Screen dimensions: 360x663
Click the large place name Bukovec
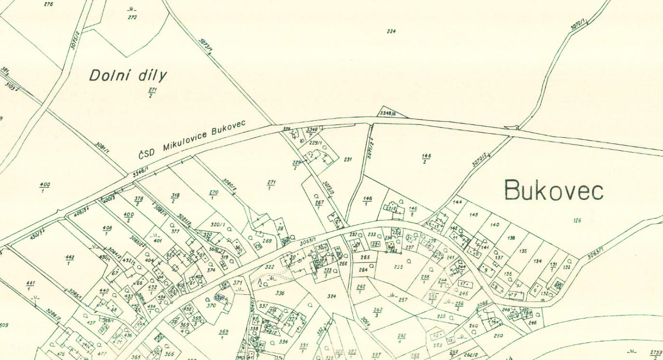pyautogui.click(x=554, y=190)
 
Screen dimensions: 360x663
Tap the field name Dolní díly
pyautogui.click(x=128, y=76)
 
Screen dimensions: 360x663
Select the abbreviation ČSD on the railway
pyautogui.click(x=147, y=153)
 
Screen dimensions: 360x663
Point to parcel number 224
pyautogui.click(x=391, y=31)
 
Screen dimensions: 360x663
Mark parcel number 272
pyautogui.click(x=132, y=17)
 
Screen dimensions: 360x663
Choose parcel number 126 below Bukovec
pyautogui.click(x=577, y=221)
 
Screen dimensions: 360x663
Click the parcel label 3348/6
pyautogui.click(x=387, y=113)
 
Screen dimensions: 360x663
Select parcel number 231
pyautogui.click(x=348, y=160)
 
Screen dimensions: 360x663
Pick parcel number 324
pyautogui.click(x=332, y=296)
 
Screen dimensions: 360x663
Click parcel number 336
pyautogui.click(x=280, y=293)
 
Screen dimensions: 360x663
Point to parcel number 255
pyautogui.click(x=398, y=267)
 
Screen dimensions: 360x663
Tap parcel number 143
pyautogui.click(x=473, y=214)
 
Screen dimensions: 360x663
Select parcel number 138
pyautogui.click(x=511, y=238)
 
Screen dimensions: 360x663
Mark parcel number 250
pyautogui.click(x=498, y=336)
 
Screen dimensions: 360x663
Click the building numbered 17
pyautogui.click(x=464, y=284)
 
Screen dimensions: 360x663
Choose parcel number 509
pyautogui.click(x=4, y=326)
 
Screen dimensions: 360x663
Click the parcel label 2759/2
pyautogui.click(x=656, y=354)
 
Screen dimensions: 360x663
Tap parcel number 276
pyautogui.click(x=49, y=4)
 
